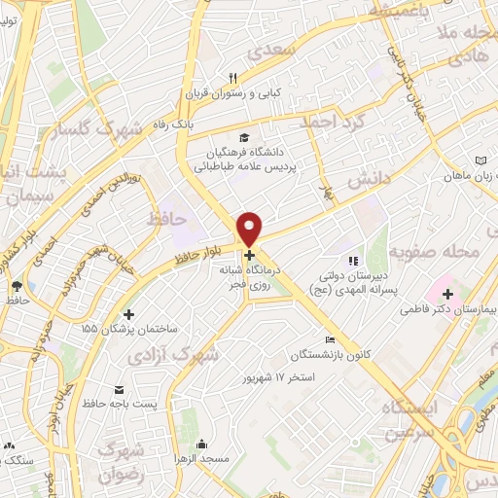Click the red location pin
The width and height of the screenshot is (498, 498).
tap(250, 228)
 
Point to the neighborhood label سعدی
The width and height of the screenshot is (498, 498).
tap(269, 49)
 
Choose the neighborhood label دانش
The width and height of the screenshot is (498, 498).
tap(373, 178)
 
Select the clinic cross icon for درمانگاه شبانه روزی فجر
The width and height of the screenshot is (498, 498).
tap(249, 255)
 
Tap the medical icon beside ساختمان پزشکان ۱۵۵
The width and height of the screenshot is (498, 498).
tap(129, 313)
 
